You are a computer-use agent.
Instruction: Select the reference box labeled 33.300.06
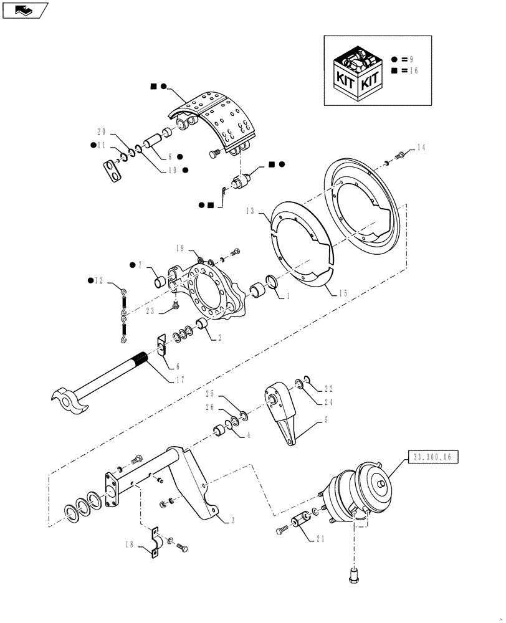pyautogui.click(x=433, y=457)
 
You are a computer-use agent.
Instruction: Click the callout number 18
pyautogui.click(x=130, y=543)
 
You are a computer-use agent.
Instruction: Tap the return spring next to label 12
pyautogui.click(x=123, y=315)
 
